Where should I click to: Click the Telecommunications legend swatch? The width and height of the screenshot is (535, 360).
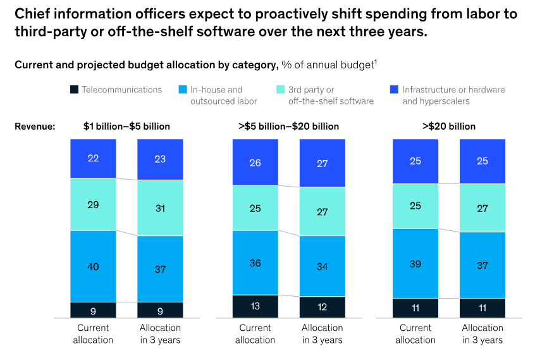(74, 90)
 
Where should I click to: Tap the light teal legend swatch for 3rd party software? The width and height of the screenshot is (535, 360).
(281, 90)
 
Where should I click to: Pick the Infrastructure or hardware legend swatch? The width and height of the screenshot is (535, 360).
(395, 90)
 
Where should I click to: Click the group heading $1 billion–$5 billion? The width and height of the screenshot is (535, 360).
(126, 126)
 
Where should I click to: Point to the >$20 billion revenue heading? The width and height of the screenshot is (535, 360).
(449, 126)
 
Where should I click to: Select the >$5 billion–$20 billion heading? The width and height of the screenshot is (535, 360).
(288, 126)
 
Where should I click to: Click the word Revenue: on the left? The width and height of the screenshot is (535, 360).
(35, 126)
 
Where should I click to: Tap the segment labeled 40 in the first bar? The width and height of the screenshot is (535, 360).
(93, 266)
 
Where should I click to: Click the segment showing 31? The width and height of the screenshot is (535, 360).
(160, 208)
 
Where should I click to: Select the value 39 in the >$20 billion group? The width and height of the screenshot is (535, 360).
(415, 263)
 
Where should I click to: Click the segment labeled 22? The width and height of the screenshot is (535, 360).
(93, 159)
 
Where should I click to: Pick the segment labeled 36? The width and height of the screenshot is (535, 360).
(255, 263)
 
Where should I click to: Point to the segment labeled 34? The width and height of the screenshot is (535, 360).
(322, 266)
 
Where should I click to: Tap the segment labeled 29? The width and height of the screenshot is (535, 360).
(93, 204)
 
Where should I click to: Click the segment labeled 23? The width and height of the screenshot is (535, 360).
(160, 159)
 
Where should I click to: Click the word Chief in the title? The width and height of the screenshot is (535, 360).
(31, 13)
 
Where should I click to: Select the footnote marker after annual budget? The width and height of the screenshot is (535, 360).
(376, 61)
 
